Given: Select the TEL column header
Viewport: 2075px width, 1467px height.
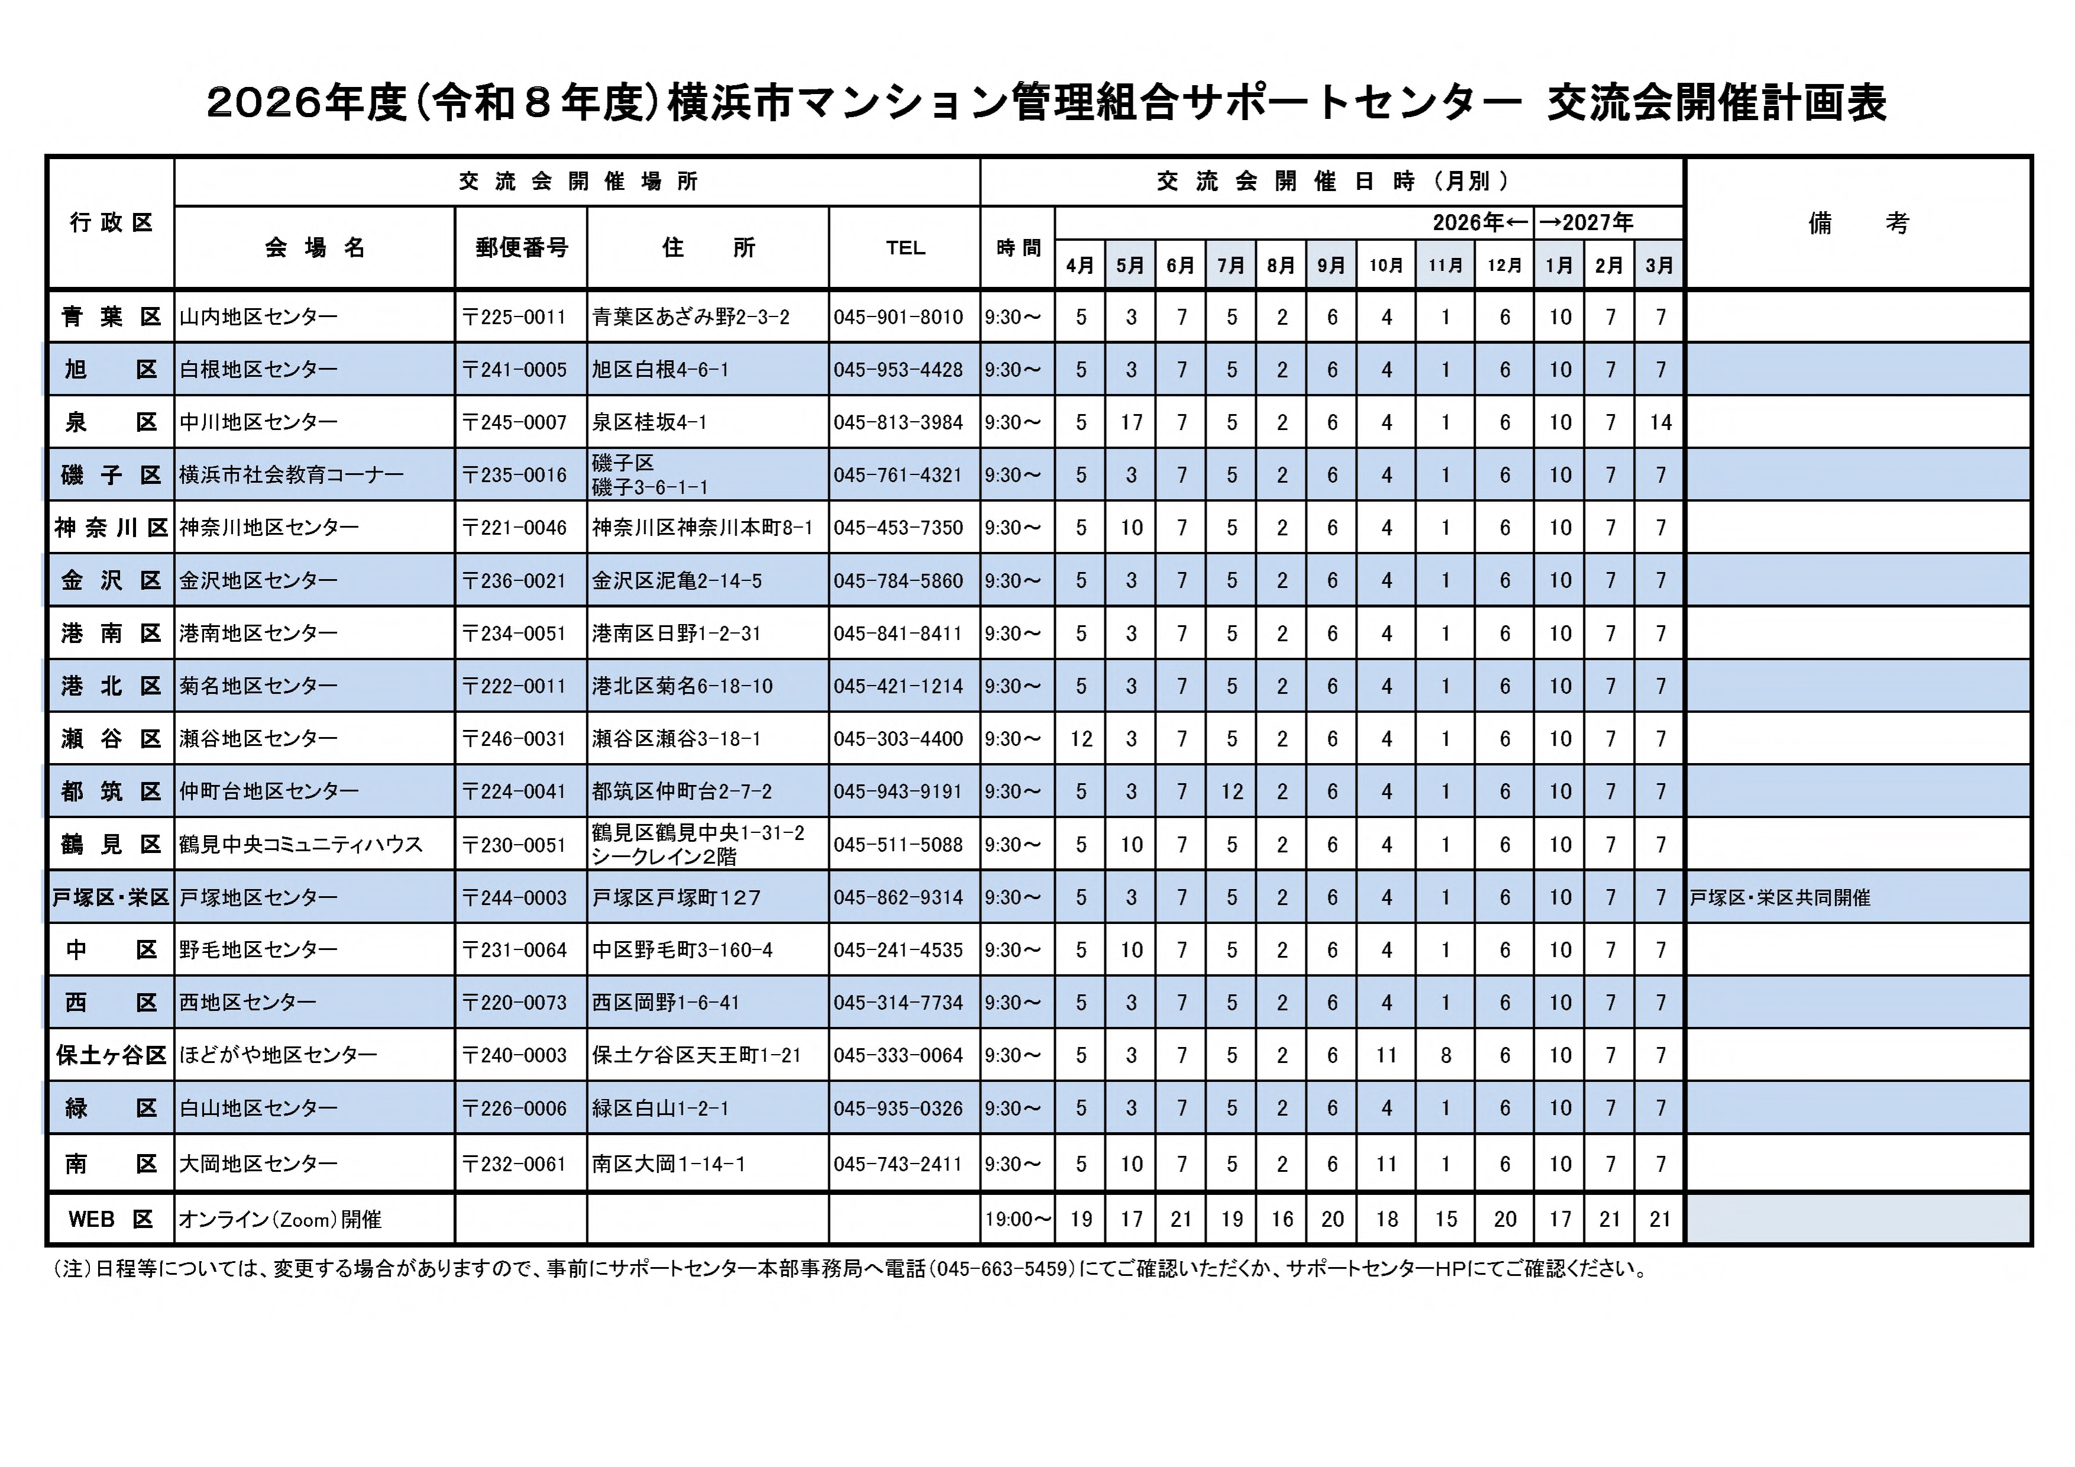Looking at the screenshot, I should coord(904,248).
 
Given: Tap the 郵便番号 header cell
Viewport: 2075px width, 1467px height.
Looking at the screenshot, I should coord(522,248).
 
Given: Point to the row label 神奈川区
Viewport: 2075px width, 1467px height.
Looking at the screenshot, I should coord(110,528).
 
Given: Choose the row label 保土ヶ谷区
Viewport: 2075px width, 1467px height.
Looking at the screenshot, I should coord(110,1055).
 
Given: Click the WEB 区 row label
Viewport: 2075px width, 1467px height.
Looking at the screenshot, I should coord(110,1219).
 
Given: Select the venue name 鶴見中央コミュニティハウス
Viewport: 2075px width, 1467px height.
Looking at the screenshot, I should coord(301,844).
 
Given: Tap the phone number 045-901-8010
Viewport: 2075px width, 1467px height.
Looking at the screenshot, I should coord(898,317).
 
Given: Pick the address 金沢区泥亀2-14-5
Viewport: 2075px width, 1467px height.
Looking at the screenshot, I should coord(677,580).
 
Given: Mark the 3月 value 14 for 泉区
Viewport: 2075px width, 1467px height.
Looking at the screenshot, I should coord(1660,422).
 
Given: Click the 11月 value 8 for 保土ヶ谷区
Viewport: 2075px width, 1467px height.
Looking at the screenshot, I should coord(1445,1055).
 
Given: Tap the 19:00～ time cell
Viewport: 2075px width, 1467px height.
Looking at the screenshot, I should coord(1017,1219).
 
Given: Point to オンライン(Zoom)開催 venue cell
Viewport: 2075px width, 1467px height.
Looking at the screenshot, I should coord(280,1219).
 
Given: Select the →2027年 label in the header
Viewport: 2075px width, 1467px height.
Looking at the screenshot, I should coord(1586,222).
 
